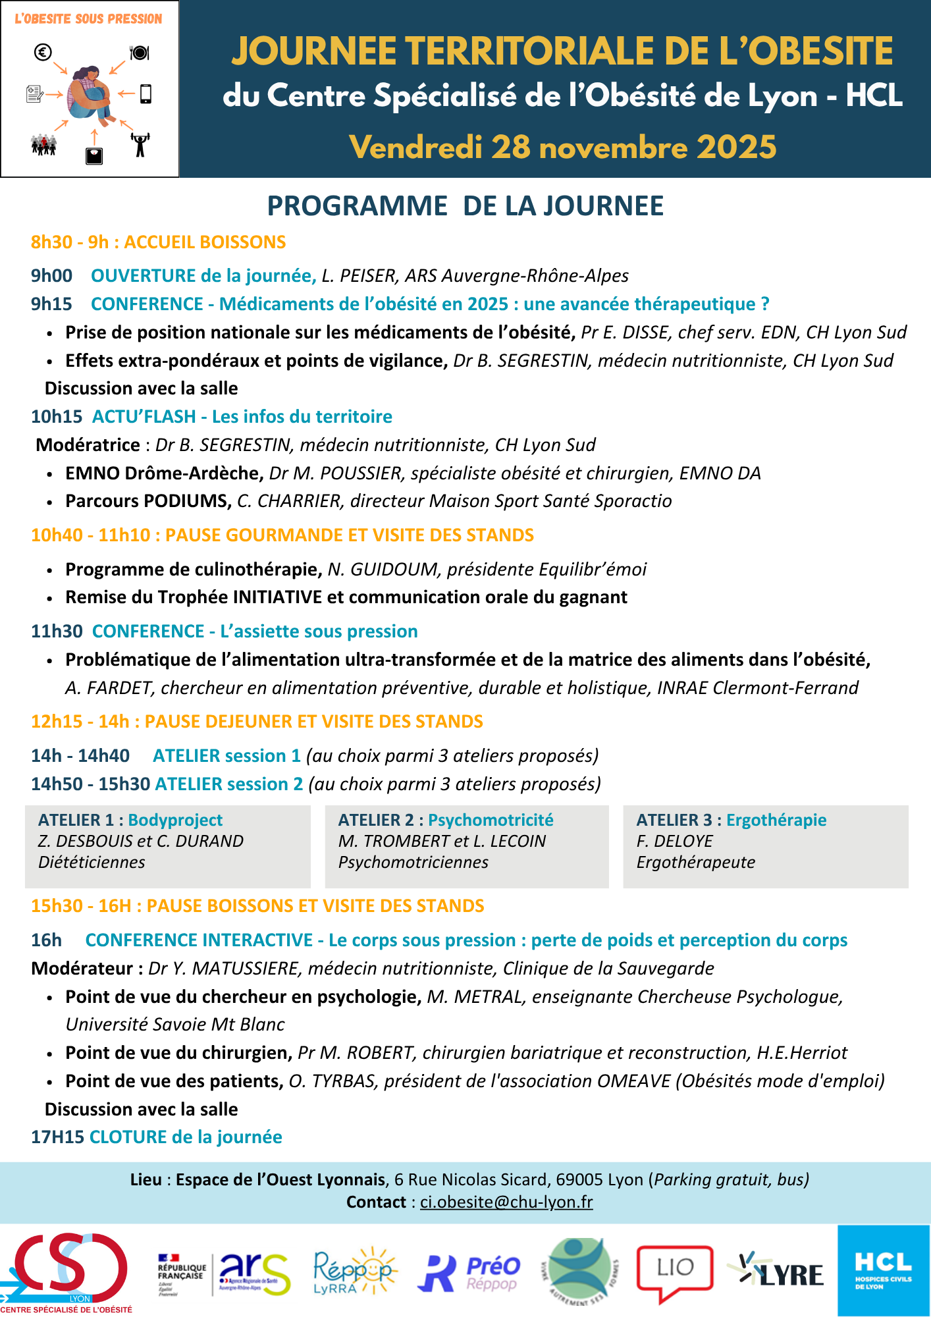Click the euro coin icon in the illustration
click(x=43, y=52)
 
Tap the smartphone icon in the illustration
click(x=146, y=94)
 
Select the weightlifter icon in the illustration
click(x=140, y=144)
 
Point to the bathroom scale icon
click(x=94, y=155)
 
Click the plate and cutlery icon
click(x=140, y=52)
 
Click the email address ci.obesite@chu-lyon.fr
click(x=506, y=1202)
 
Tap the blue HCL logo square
click(x=884, y=1270)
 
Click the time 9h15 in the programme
click(x=51, y=304)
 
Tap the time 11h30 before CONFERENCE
click(x=57, y=632)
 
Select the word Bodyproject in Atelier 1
click(x=175, y=820)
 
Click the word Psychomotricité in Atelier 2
click(x=491, y=820)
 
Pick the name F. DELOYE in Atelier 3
click(x=674, y=841)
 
